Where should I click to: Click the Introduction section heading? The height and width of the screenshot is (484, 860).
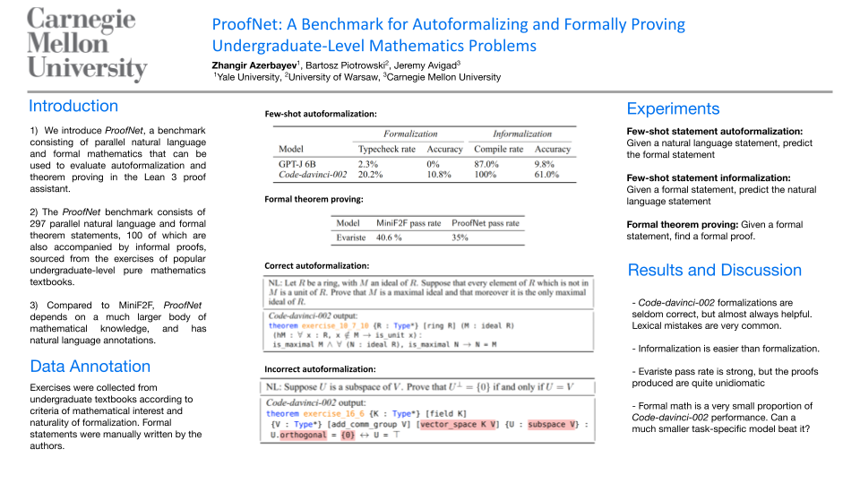pos(73,106)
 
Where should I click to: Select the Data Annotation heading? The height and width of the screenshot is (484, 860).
pos(90,366)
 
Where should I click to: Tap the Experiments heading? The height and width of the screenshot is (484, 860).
pos(673,108)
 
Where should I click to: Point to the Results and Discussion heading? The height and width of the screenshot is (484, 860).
pos(714,270)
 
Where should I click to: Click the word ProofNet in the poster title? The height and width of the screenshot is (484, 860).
pos(242,25)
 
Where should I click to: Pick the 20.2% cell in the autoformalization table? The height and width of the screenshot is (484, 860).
pos(370,175)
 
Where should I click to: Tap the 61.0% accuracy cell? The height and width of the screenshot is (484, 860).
pos(546,175)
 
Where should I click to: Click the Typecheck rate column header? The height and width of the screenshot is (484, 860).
pos(385,149)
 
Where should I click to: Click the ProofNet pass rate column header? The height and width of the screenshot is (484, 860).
pos(485,222)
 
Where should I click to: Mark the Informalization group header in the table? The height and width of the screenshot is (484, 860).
pos(522,134)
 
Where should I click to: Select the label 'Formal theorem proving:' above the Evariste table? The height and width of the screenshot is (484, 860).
pos(314,198)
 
